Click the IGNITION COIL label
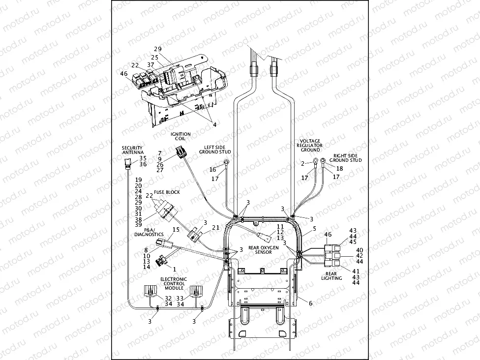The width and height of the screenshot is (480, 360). pyautogui.click(x=180, y=136)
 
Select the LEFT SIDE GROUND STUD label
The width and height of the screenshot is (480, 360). pyautogui.click(x=215, y=149)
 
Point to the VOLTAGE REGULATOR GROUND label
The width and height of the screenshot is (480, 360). pyautogui.click(x=310, y=146)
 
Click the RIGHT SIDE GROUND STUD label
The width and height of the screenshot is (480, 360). pyautogui.click(x=345, y=157)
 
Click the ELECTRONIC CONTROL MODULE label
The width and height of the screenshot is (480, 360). pyautogui.click(x=173, y=283)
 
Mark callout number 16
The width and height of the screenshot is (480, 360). pyautogui.click(x=212, y=169)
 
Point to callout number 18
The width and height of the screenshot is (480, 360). pyautogui.click(x=339, y=168)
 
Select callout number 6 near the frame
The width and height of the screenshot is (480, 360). pyautogui.click(x=310, y=303)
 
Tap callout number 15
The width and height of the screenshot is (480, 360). pyautogui.click(x=176, y=230)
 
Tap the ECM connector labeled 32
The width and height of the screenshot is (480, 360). pyautogui.click(x=149, y=291)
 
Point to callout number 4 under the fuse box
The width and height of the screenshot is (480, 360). pyautogui.click(x=214, y=124)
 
